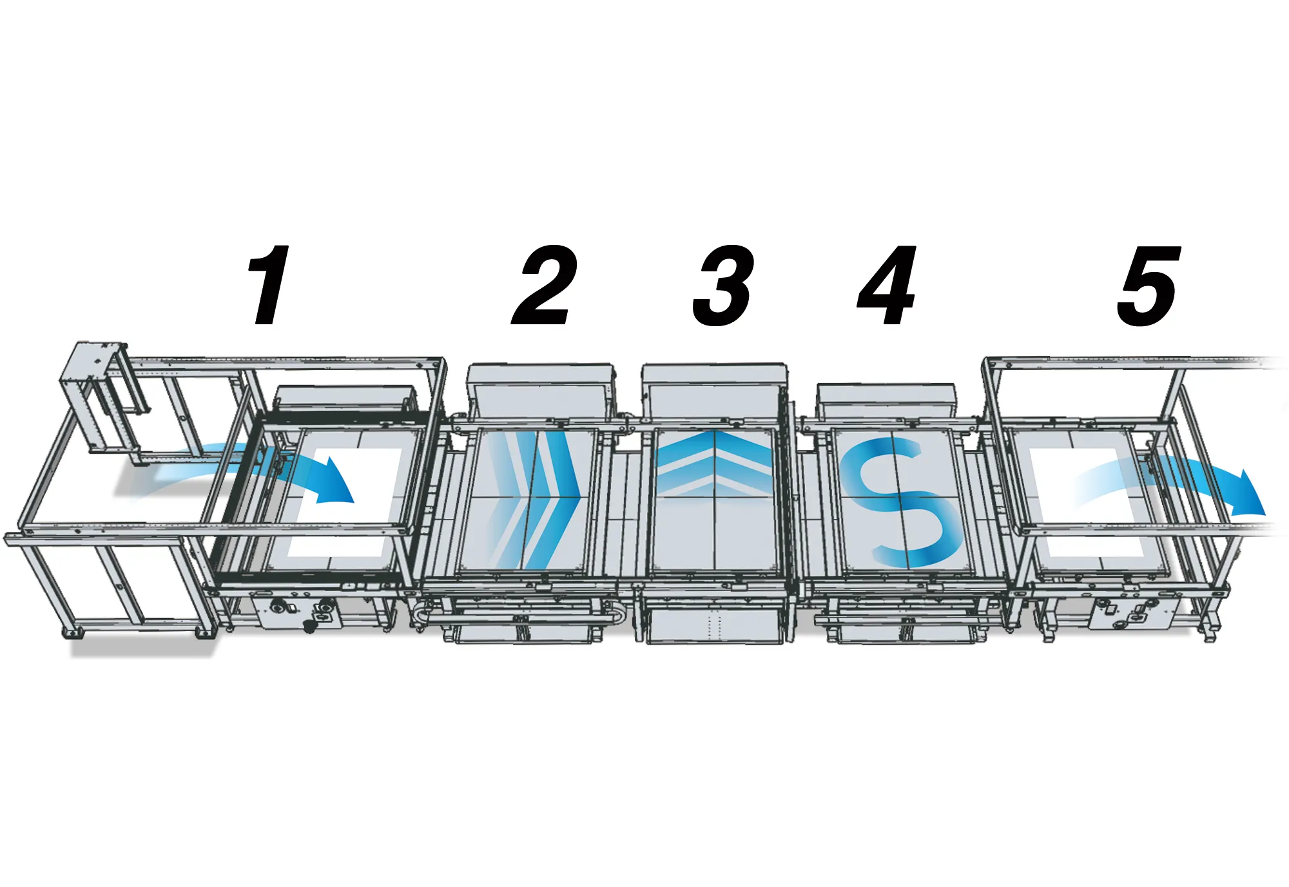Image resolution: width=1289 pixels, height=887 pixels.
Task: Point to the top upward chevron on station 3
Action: [714, 447]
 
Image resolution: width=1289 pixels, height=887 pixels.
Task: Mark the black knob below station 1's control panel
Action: [310, 625]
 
